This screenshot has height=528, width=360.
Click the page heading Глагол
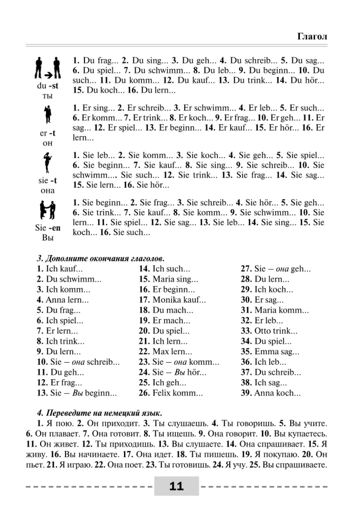[312, 36]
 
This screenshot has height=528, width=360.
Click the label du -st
[48, 86]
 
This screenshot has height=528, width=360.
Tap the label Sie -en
[48, 229]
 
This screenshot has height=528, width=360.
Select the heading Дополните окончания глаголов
[100, 258]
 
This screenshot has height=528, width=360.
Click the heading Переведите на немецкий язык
[100, 412]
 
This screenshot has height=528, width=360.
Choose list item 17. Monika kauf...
[172, 299]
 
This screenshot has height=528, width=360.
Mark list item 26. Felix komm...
[170, 393]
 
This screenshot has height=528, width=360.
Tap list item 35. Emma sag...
[270, 351]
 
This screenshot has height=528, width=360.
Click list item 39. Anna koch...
[271, 393]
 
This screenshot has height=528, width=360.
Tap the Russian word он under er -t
[48, 144]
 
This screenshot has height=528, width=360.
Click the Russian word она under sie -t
[48, 190]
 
